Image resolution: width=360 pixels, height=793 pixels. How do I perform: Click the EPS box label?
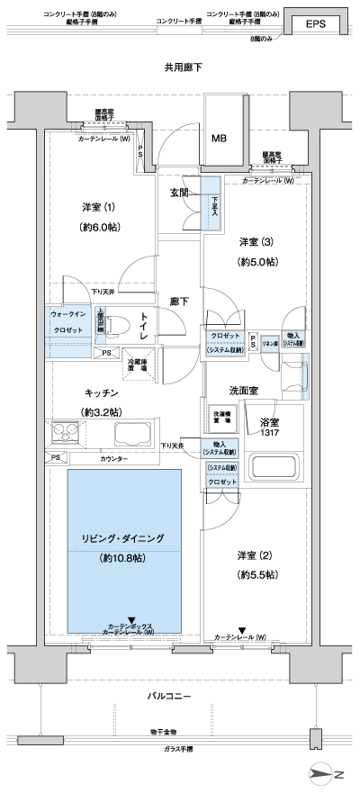click(x=315, y=26)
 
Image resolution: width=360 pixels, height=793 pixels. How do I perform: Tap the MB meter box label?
click(x=219, y=139)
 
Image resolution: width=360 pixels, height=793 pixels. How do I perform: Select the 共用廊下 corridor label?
click(x=183, y=68)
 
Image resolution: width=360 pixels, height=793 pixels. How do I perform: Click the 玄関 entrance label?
click(x=178, y=193)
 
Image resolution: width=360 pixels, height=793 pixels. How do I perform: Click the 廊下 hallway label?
click(x=178, y=302)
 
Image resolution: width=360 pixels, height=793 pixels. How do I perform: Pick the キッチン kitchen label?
click(x=102, y=393)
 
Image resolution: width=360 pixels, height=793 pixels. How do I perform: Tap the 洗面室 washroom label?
click(x=243, y=391)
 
